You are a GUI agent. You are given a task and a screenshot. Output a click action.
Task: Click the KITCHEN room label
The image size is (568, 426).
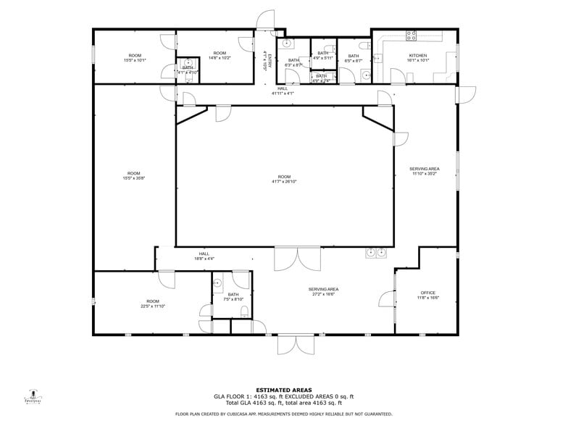(x=418, y=55)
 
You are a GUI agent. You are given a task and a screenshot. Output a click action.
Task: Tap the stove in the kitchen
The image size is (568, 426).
(x=412, y=35)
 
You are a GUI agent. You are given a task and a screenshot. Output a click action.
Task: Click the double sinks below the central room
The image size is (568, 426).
(x=376, y=253)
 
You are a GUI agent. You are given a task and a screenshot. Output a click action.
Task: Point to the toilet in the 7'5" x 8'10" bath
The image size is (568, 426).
(x=244, y=312)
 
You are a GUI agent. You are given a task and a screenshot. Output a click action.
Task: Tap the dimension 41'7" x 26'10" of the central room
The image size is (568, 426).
(x=284, y=182)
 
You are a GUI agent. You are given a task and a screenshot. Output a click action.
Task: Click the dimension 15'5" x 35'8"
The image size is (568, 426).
(x=134, y=178)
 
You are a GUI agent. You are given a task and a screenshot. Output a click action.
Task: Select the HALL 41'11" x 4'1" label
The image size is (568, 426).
(x=283, y=91)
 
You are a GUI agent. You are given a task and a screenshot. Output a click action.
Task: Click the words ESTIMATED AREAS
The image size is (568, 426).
(x=284, y=390)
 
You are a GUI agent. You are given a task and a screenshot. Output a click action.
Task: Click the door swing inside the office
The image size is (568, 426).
(x=387, y=297)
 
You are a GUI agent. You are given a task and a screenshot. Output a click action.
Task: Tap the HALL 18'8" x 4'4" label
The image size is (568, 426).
(x=204, y=256)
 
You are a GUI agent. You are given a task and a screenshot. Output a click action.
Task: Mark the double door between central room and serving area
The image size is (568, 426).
(x=297, y=258)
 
